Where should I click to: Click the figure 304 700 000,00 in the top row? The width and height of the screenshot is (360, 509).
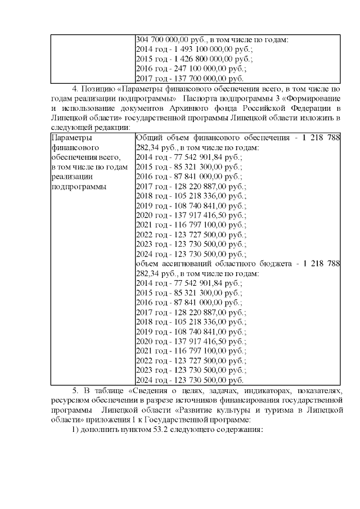[x=163, y=39]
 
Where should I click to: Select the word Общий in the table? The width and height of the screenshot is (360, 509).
[x=148, y=137]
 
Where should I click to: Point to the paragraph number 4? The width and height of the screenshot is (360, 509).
[x=76, y=88]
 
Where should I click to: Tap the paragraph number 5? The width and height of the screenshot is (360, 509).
[x=76, y=390]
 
